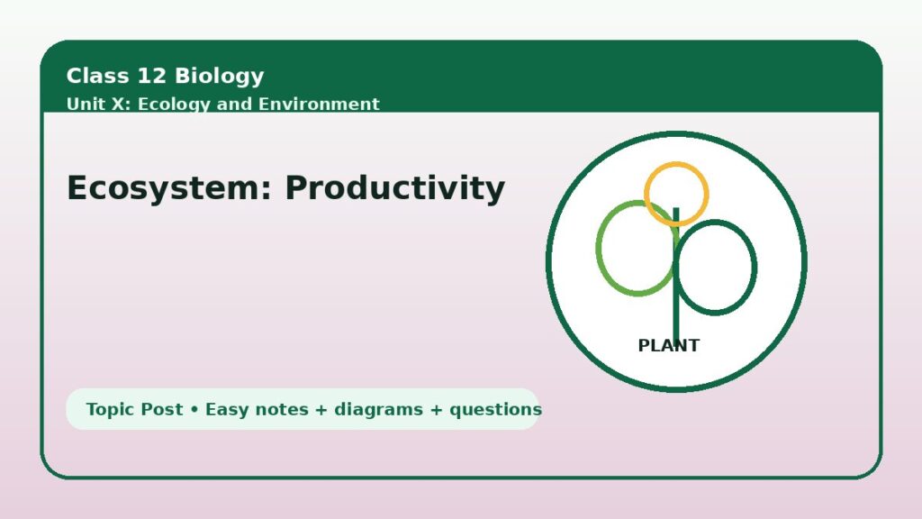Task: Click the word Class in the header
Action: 97,76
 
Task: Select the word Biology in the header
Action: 220,77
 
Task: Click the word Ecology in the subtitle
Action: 174,105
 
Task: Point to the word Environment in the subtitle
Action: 320,105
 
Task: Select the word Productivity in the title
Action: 395,188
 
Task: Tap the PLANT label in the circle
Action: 669,345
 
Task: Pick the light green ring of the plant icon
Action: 599,249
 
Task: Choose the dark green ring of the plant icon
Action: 755,268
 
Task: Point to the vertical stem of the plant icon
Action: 676,275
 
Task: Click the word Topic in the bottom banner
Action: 107,410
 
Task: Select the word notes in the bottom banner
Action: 282,410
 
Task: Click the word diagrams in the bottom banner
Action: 378,410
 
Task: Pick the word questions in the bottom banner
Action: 495,410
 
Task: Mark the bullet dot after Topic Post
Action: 194,410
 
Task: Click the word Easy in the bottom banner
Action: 227,410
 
